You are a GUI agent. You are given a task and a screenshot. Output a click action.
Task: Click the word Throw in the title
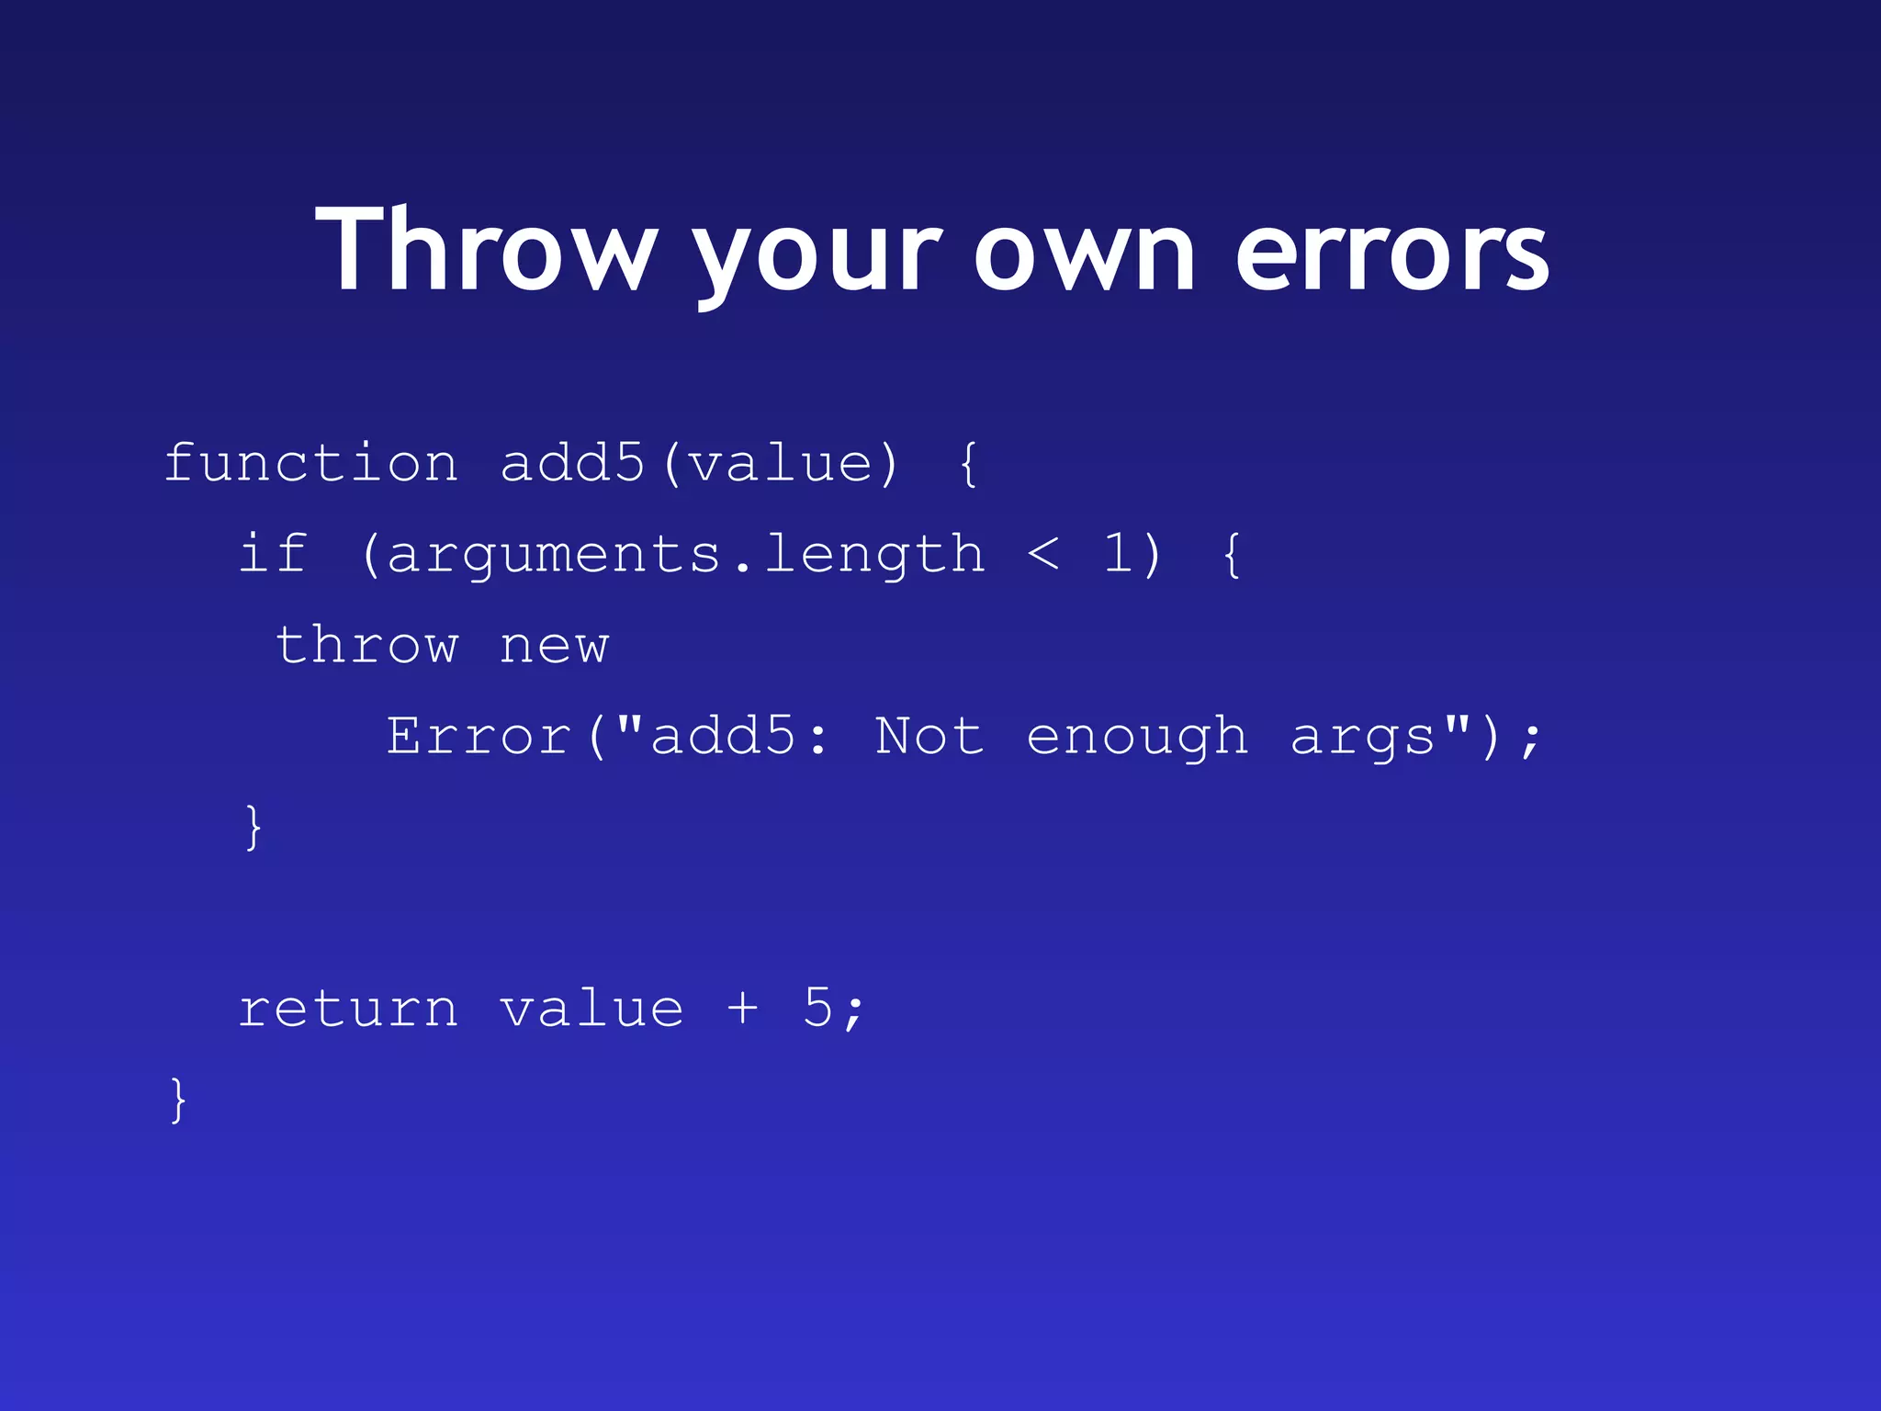point(486,250)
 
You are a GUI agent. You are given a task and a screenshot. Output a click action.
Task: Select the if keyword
point(273,553)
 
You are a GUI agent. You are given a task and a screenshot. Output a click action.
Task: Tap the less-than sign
point(1043,555)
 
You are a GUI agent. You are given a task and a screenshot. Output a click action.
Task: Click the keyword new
point(554,646)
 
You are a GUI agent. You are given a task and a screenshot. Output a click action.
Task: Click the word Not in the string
point(929,736)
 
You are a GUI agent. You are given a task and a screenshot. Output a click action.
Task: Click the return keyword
point(348,1009)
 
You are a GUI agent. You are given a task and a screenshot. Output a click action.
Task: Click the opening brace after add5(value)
point(968,463)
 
